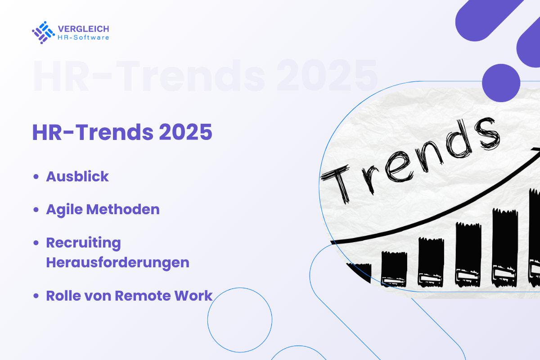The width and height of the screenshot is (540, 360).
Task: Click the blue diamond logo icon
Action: coord(43,32)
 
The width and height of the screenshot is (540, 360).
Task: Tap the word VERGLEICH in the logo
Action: coord(83,29)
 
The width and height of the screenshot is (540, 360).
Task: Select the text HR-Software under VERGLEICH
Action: coord(83,37)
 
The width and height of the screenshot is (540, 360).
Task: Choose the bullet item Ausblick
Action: coord(77,176)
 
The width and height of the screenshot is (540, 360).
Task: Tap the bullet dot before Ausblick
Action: coord(36,177)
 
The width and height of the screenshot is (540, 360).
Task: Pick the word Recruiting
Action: coord(84,243)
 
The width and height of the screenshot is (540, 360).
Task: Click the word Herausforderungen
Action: coord(117,262)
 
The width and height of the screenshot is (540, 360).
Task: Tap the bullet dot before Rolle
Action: coord(36,297)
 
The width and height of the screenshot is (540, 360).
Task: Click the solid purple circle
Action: coord(501,83)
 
